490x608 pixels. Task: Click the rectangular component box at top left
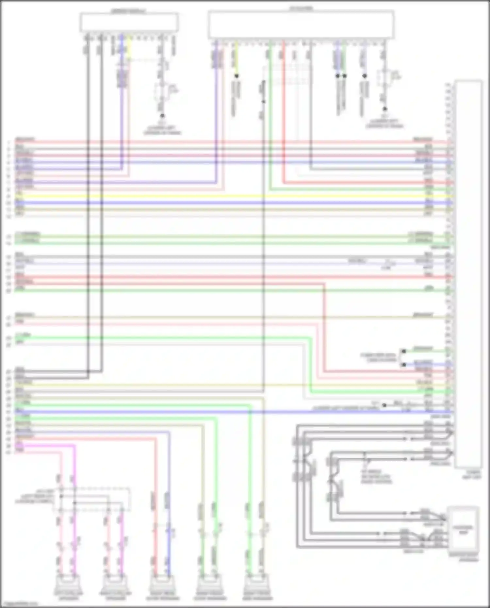pyautogui.click(x=129, y=22)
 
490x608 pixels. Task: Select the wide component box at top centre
pyautogui.click(x=301, y=25)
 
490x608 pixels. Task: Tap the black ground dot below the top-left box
pyautogui.click(x=162, y=116)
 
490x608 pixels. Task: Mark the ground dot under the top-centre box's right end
pyautogui.click(x=385, y=109)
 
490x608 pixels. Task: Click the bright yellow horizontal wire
pyautogui.click(x=229, y=196)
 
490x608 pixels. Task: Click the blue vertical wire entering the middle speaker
pyautogui.click(x=169, y=536)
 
